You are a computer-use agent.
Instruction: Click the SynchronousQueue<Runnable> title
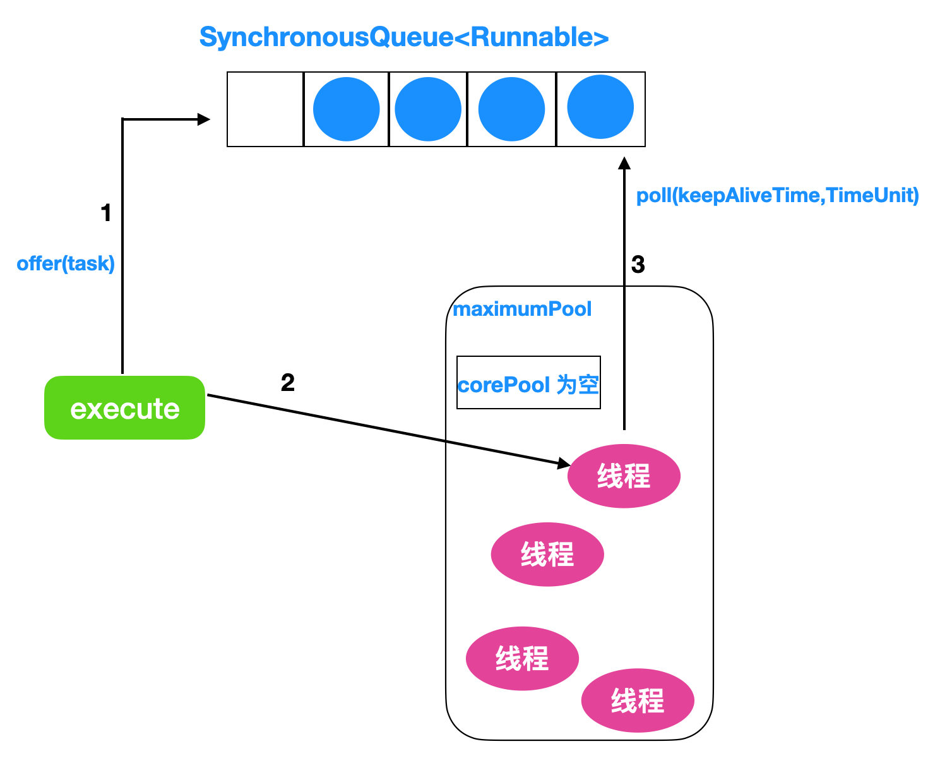click(404, 37)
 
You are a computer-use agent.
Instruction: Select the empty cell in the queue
click(265, 109)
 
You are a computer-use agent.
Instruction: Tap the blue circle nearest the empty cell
click(347, 109)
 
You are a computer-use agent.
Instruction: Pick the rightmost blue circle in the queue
click(600, 107)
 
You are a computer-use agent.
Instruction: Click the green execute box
click(125, 407)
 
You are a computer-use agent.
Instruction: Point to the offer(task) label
click(66, 264)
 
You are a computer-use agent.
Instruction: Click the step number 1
click(105, 212)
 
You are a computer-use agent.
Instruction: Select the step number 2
click(287, 382)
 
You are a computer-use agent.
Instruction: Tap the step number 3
click(638, 264)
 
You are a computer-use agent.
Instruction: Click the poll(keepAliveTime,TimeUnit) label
click(777, 195)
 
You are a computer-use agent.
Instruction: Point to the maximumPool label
click(522, 309)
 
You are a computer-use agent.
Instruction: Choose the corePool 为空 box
click(528, 382)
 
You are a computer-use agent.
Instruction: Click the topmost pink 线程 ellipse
click(624, 476)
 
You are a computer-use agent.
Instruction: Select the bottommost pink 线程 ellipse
click(638, 700)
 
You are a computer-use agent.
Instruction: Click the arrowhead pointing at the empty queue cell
click(203, 119)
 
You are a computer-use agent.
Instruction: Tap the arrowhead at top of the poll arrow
click(624, 163)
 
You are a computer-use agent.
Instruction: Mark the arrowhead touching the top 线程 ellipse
click(564, 463)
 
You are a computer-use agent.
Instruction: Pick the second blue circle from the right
click(511, 109)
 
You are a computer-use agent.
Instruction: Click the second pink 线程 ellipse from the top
click(547, 555)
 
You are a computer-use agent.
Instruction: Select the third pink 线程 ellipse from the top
click(522, 659)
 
